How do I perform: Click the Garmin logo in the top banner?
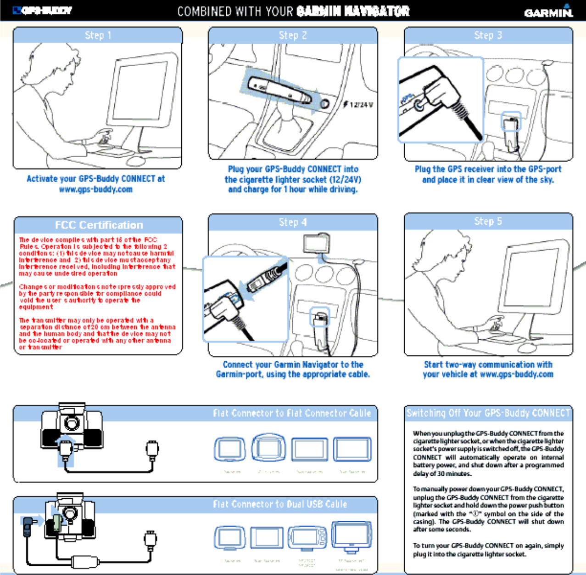(548, 11)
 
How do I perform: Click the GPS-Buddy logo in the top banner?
(42, 11)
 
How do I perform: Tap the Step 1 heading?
(98, 35)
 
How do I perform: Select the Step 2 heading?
(293, 35)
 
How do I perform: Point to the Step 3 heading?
(488, 35)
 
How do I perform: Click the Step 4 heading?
(293, 222)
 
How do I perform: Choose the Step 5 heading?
(488, 222)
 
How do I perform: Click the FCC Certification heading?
(99, 225)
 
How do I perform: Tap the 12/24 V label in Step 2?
(361, 105)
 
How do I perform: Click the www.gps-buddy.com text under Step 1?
(95, 189)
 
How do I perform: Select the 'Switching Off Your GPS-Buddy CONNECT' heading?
(488, 413)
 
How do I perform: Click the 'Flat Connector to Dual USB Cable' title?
(280, 504)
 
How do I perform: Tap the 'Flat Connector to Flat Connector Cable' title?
(291, 413)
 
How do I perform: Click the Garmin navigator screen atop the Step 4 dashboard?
(316, 243)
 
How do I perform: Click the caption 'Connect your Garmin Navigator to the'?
(293, 364)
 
